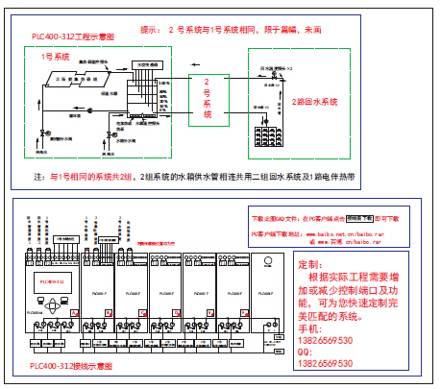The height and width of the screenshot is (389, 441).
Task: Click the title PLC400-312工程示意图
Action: coord(72,37)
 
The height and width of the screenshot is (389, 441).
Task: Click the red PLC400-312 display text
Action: coord(49,281)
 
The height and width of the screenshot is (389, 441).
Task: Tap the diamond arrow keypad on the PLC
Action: coord(54,304)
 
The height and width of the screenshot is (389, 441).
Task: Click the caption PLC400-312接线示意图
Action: coord(72,366)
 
